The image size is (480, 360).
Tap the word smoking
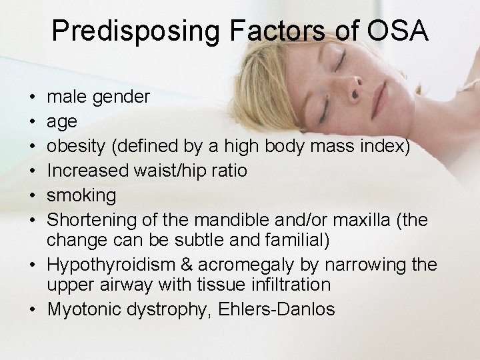[x=81, y=196]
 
